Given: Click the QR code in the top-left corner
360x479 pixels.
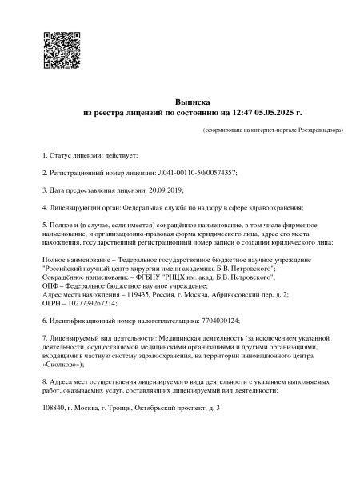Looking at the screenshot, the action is coord(59,48).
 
